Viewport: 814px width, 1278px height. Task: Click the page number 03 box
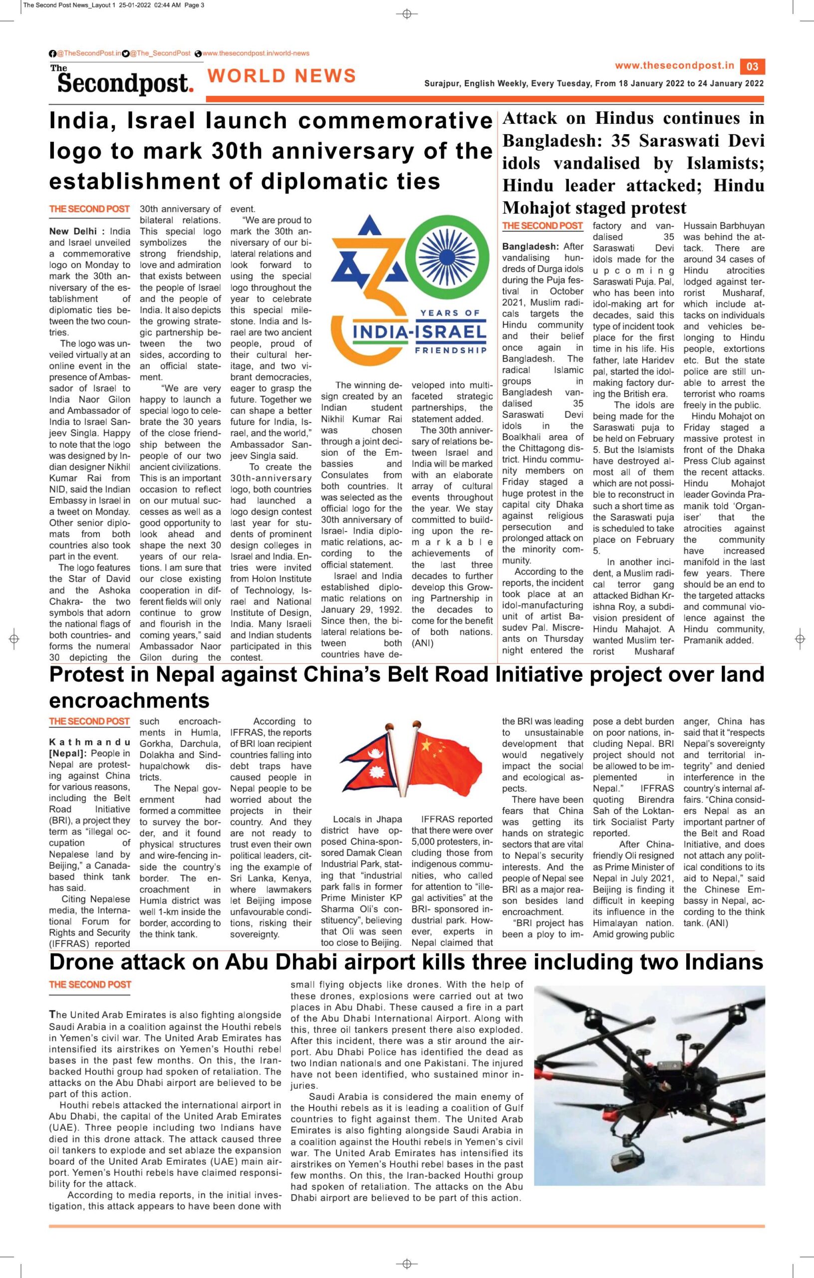753,66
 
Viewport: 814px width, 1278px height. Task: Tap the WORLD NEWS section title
282,76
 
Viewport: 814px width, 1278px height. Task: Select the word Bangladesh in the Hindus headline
553,141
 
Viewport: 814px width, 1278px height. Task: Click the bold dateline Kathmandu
89,741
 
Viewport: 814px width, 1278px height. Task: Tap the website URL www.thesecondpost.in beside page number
674,66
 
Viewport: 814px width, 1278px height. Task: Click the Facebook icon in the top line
52,53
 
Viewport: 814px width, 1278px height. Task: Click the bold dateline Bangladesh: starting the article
528,247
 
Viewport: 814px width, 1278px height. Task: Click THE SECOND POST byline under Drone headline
90,984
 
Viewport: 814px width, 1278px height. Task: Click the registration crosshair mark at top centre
407,14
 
